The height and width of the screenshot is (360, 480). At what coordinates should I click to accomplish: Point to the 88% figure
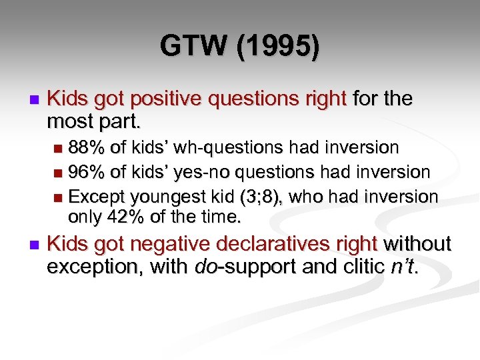[86, 147]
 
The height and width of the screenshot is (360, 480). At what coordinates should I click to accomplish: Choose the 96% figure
[86, 172]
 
